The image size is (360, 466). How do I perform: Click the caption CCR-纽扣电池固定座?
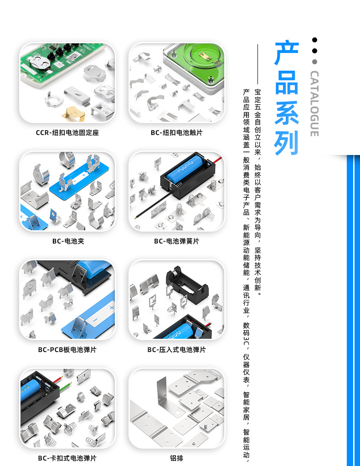click(67, 133)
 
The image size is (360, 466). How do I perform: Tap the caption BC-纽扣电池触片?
click(176, 133)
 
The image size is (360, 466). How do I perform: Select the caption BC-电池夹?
click(68, 241)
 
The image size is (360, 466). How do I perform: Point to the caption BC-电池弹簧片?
click(176, 241)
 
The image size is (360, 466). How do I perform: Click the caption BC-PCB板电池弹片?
click(67, 350)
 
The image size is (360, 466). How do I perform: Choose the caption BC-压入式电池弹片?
click(176, 350)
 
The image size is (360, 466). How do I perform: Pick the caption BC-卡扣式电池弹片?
click(67, 458)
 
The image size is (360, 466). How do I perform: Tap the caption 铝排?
click(176, 458)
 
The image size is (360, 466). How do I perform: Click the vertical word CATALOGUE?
click(314, 104)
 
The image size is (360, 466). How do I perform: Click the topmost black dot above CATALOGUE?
click(314, 40)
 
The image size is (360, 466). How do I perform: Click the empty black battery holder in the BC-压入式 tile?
click(187, 283)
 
